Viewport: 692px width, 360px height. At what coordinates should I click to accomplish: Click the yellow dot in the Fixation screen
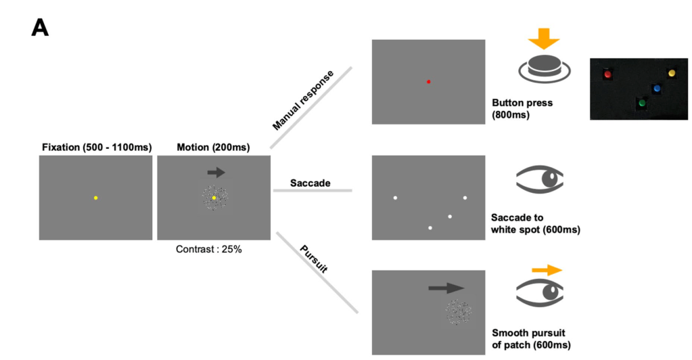[x=96, y=198]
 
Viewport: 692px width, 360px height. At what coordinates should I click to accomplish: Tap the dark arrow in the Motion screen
[x=216, y=173]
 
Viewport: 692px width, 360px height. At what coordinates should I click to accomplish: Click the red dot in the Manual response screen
[x=429, y=81]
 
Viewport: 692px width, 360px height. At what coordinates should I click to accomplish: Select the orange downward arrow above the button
[x=544, y=39]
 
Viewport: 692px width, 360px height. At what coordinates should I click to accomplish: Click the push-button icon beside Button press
[x=545, y=68]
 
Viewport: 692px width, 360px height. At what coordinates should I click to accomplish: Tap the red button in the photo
[x=607, y=74]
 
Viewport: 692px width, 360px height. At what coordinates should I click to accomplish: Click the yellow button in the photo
[x=671, y=72]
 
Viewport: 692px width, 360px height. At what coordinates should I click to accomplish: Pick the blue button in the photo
[x=656, y=89]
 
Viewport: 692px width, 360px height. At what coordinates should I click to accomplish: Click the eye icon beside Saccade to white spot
[x=540, y=180]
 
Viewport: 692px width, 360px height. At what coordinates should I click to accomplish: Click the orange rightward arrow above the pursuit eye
[x=547, y=270]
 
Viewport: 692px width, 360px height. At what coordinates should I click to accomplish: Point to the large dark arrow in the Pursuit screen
[x=447, y=288]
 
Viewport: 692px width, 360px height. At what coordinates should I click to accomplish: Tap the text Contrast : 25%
[x=209, y=249]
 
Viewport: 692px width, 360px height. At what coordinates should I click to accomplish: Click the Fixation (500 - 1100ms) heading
[x=95, y=147]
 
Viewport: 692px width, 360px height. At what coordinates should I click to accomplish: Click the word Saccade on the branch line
[x=311, y=183]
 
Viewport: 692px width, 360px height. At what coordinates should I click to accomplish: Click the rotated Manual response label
[x=303, y=99]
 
